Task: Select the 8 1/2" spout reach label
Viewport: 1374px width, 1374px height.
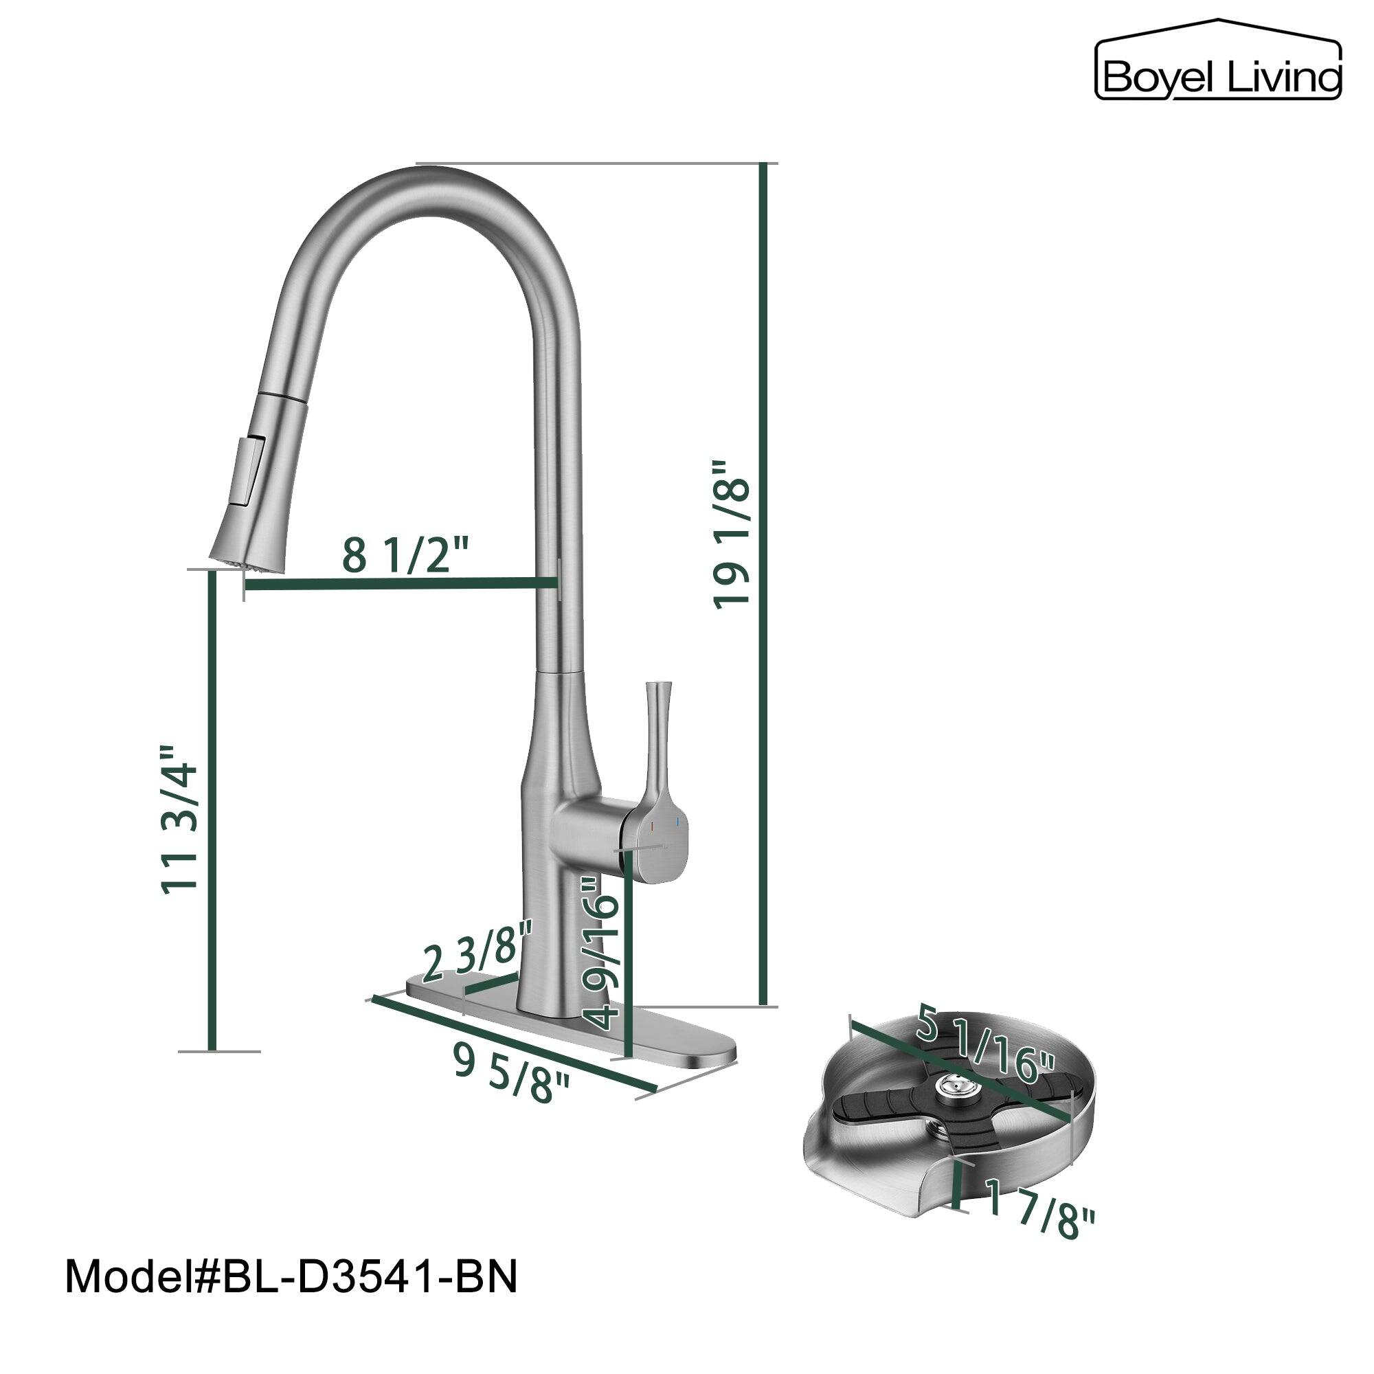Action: [x=405, y=554]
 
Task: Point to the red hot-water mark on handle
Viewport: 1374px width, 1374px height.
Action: [x=651, y=826]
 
